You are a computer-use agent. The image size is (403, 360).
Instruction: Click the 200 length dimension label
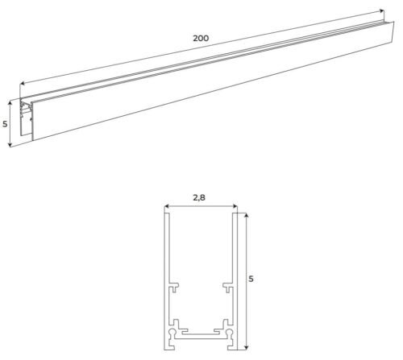click(201, 38)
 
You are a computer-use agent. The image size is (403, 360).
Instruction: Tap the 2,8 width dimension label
click(199, 197)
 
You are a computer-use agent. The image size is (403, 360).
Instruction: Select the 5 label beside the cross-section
click(251, 279)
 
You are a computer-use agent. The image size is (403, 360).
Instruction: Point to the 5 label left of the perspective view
click(5, 124)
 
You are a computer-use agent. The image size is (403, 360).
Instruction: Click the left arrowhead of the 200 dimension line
click(23, 83)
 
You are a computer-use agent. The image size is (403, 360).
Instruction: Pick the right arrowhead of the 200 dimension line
click(382, 10)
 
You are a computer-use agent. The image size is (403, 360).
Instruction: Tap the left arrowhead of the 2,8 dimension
click(167, 206)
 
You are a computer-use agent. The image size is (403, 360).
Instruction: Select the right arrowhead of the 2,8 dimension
click(235, 206)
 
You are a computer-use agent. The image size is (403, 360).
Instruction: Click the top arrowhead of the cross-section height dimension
click(247, 216)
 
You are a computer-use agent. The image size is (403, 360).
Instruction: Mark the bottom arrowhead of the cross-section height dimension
click(247, 348)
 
